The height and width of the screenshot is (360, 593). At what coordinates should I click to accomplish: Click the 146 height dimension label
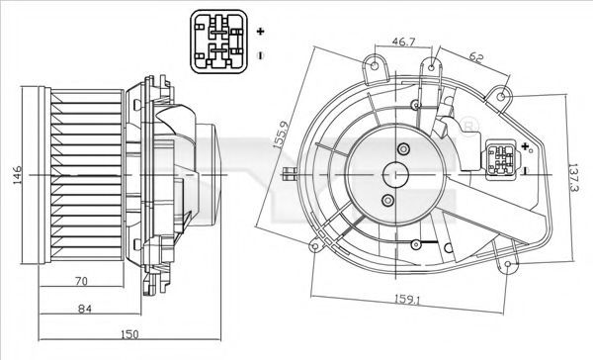coord(18,175)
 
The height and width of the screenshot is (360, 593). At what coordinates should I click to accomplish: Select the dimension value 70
coord(81,281)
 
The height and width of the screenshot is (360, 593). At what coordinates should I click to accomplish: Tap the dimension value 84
coord(85,309)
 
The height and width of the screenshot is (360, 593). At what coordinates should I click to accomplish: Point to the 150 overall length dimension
coord(129,334)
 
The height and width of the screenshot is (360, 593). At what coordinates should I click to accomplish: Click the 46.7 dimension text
coord(403,42)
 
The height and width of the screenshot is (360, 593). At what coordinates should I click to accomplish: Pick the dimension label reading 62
coord(476,57)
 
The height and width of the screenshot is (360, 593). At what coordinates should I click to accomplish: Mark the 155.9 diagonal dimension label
coord(282,135)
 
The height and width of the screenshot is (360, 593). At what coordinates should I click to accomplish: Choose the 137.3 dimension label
coord(573,178)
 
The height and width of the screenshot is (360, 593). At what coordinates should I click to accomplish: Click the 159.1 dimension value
coord(407,300)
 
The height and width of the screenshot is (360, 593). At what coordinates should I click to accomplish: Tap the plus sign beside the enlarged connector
coord(260,31)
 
